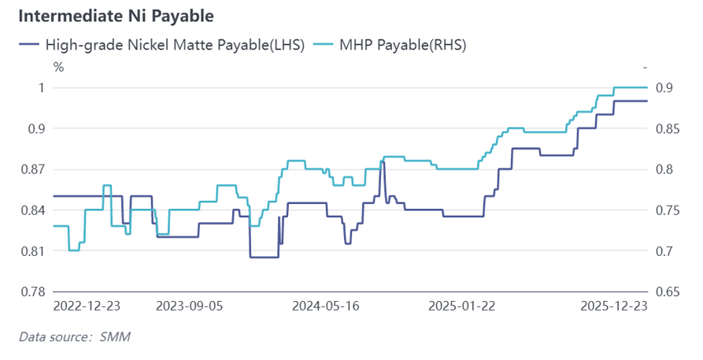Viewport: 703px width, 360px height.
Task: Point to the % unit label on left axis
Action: (58, 66)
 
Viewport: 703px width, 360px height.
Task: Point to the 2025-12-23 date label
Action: (612, 306)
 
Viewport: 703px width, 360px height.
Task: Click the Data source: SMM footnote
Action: (75, 337)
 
